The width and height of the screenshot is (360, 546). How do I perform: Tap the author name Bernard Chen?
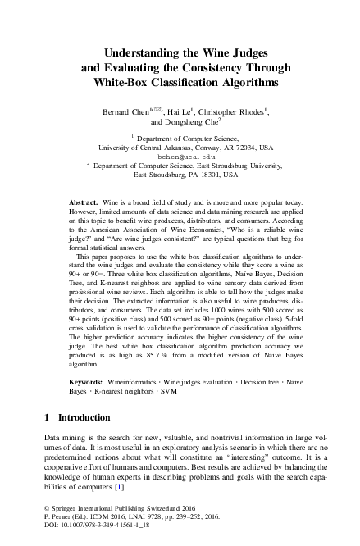click(x=123, y=111)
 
